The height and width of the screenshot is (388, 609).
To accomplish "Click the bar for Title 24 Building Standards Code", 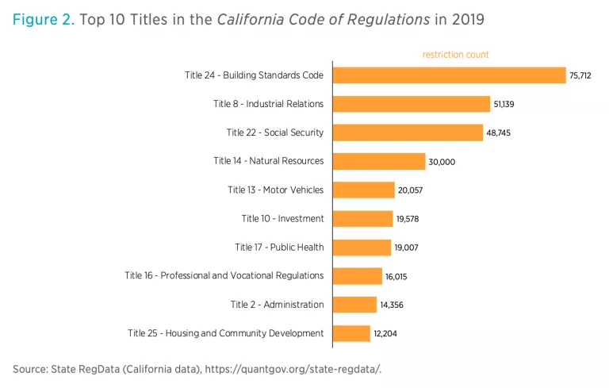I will (x=449, y=75).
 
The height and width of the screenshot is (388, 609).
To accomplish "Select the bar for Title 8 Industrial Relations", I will (x=412, y=104).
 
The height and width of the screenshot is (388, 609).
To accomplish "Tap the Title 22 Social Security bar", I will (x=408, y=133).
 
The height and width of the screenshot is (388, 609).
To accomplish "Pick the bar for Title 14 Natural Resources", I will (x=379, y=161).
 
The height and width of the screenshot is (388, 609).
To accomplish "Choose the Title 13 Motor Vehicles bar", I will (x=364, y=190).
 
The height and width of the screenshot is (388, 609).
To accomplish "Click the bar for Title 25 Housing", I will (x=351, y=333).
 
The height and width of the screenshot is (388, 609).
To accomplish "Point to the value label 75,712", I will (x=580, y=76).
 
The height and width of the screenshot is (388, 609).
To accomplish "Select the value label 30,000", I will (x=442, y=162).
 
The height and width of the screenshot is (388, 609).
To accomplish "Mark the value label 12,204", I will (x=385, y=334).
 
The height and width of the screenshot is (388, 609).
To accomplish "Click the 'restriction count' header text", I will (x=455, y=55).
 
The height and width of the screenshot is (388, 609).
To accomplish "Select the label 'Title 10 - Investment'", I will (x=282, y=218).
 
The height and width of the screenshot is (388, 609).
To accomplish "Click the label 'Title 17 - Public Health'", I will (x=279, y=247).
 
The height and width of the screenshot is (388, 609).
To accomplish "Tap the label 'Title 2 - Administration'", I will (x=277, y=304).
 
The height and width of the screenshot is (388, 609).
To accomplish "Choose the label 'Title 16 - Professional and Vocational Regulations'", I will (x=224, y=275).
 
